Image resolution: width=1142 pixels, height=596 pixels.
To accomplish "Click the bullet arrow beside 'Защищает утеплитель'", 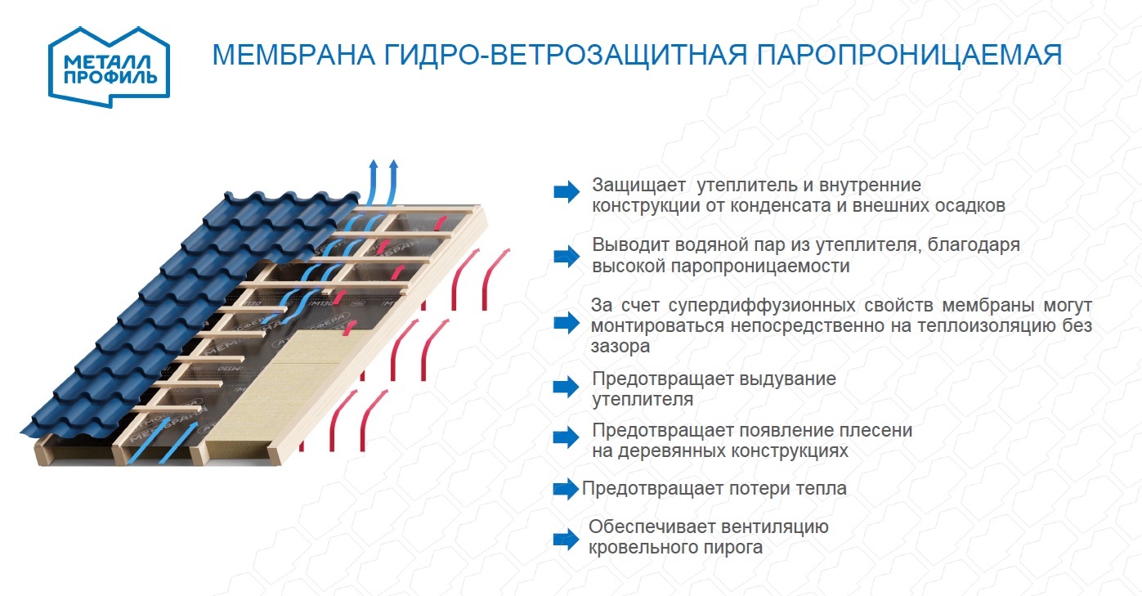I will [x=566, y=192].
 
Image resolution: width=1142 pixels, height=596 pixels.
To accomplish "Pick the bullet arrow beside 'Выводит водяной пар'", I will [x=566, y=256].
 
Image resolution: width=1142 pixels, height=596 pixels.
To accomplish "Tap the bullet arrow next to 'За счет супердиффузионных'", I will [x=566, y=323].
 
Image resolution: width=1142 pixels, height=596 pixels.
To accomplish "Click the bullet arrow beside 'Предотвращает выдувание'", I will [x=566, y=387].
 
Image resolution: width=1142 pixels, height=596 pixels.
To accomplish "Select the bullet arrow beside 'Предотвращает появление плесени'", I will [x=566, y=437].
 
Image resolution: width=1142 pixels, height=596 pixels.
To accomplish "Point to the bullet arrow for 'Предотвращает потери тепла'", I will [x=566, y=489].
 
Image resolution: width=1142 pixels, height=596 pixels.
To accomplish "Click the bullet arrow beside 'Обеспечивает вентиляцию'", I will [x=566, y=538].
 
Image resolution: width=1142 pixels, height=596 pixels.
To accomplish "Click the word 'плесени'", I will [x=880, y=430].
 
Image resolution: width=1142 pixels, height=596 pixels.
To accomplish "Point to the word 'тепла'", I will [x=821, y=489].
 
